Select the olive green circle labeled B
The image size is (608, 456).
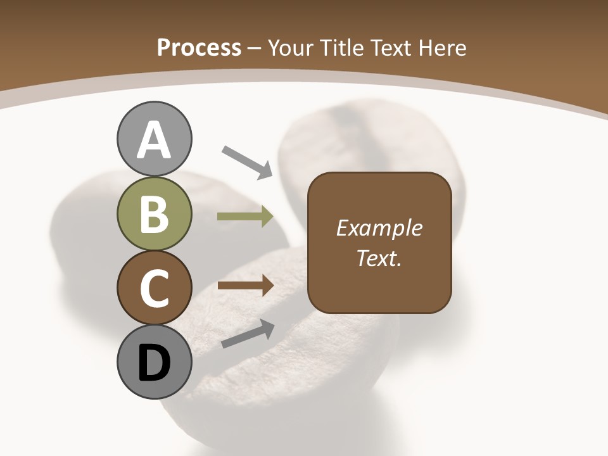coord(154,214)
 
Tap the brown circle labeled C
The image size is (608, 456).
coord(154,288)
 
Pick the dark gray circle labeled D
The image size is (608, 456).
coord(154,363)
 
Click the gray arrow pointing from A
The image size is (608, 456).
coord(247,161)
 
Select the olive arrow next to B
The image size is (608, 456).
coord(245,217)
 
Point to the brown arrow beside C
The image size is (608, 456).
coord(245,286)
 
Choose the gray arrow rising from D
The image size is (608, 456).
coord(248,334)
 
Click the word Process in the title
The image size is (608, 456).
coord(199,47)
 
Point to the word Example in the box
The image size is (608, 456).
coord(379,229)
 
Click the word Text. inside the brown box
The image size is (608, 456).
coord(379,258)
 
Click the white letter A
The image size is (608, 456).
coord(154,141)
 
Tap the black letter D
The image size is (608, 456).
coord(154,364)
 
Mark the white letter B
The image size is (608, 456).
coord(154,215)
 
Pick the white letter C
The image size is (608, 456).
coord(154,289)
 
